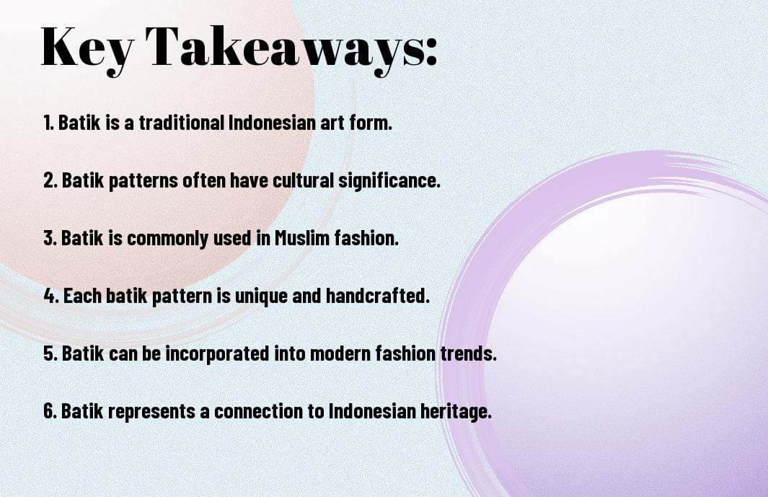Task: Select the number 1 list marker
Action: (x=48, y=123)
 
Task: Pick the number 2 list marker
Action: (x=50, y=181)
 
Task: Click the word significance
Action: (x=390, y=181)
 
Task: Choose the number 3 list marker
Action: (x=50, y=239)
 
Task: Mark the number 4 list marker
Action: (x=50, y=296)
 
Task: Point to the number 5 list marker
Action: (x=50, y=354)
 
